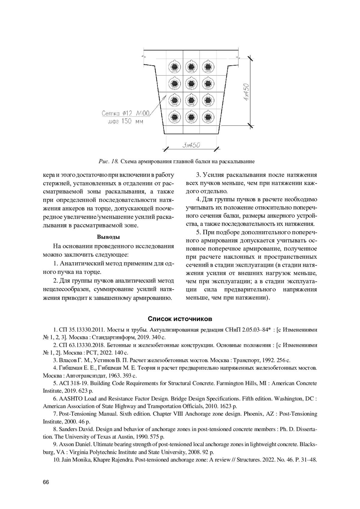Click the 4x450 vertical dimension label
247,92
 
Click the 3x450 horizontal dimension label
191,145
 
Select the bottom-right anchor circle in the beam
207,117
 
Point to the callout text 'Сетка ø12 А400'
125,114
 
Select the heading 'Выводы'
108,237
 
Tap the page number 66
46,482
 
